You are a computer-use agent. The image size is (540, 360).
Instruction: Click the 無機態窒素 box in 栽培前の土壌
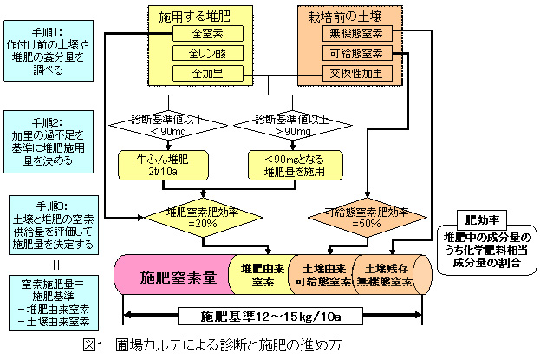[x=356, y=35]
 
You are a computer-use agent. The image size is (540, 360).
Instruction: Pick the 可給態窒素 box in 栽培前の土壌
[x=356, y=54]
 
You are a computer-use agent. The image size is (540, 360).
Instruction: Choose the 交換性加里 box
[x=356, y=73]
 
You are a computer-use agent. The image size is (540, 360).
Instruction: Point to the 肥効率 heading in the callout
[x=480, y=219]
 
